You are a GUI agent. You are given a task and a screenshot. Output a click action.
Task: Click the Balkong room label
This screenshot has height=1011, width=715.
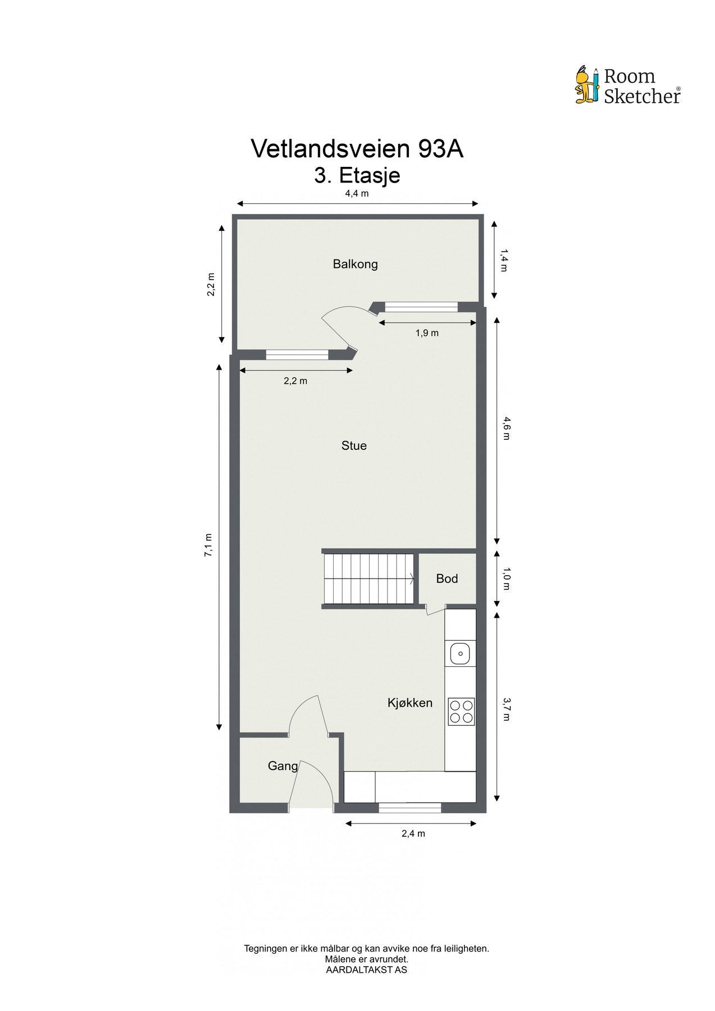pyautogui.click(x=355, y=264)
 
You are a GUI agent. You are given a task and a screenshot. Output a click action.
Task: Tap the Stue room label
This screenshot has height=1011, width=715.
pyautogui.click(x=354, y=446)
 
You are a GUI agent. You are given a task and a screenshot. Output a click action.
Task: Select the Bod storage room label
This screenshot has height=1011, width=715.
pyautogui.click(x=447, y=579)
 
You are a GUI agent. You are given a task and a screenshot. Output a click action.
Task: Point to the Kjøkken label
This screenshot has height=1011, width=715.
pyautogui.click(x=410, y=703)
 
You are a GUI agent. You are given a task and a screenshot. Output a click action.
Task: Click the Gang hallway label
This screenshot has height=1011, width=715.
pyautogui.click(x=283, y=766)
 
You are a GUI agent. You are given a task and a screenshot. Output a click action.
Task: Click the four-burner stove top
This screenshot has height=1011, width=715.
pyautogui.click(x=461, y=711)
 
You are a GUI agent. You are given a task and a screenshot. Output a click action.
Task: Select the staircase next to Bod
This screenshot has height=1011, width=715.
pyautogui.click(x=368, y=578)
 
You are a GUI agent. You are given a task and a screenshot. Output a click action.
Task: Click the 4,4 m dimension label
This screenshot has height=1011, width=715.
pyautogui.click(x=357, y=194)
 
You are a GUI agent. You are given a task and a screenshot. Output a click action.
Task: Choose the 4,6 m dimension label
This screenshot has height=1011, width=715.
pyautogui.click(x=505, y=429)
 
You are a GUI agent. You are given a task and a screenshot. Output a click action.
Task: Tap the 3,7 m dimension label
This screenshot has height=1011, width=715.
pyautogui.click(x=505, y=709)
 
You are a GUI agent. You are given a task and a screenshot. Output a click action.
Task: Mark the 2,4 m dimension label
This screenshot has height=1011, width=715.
pyautogui.click(x=413, y=834)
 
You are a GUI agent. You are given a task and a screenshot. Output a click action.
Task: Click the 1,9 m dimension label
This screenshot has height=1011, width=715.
pyautogui.click(x=427, y=333)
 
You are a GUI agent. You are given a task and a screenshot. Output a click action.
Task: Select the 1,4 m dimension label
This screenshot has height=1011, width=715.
pyautogui.click(x=503, y=260)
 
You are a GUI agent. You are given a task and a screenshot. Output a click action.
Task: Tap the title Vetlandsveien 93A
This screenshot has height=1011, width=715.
pyautogui.click(x=357, y=149)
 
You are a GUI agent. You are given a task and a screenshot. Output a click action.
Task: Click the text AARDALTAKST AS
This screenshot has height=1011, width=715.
pyautogui.click(x=366, y=969)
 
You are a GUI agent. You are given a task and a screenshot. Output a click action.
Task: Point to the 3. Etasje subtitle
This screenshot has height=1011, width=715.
pyautogui.click(x=357, y=175)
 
